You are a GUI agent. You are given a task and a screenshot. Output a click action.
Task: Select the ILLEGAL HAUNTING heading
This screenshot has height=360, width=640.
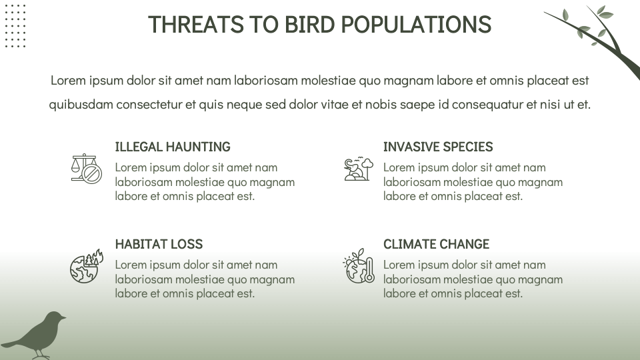(173, 147)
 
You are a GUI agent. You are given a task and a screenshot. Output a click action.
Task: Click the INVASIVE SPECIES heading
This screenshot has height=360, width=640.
(438, 147)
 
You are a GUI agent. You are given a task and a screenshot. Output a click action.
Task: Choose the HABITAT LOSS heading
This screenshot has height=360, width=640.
(159, 244)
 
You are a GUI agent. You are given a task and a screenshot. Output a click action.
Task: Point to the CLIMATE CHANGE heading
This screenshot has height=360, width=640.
(436, 244)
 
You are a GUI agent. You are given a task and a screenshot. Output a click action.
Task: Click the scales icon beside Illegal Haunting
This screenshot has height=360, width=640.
(86, 169)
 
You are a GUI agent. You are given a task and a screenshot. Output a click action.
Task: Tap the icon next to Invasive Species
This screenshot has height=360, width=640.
(358, 169)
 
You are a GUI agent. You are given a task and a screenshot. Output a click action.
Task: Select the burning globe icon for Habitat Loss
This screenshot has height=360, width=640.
(86, 266)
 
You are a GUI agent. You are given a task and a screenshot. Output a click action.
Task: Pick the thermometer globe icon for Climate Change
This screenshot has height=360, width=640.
(359, 266)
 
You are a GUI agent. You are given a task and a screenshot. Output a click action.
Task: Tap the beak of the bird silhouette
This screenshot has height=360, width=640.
(64, 317)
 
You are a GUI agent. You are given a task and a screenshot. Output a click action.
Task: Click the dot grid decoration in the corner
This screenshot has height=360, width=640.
(15, 25)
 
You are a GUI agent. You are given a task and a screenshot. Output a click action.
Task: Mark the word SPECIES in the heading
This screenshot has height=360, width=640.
(467, 147)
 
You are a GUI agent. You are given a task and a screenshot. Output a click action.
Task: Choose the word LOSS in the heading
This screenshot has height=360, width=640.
(189, 244)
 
